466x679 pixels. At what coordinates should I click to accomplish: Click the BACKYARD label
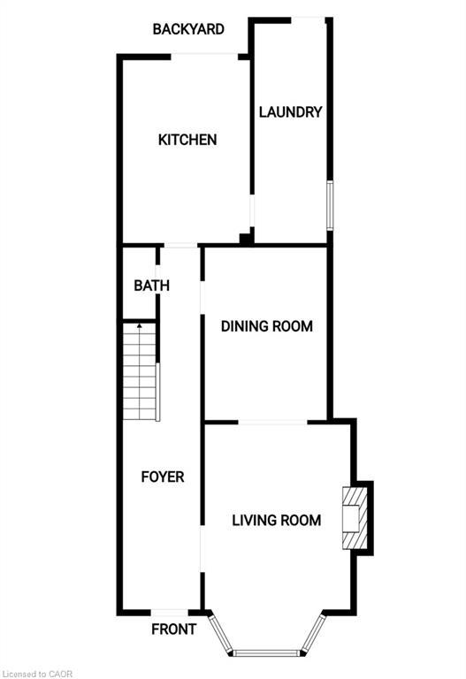[x=187, y=29]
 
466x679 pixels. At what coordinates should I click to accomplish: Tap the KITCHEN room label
[x=187, y=140]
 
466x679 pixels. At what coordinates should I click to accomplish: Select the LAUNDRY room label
[x=289, y=112]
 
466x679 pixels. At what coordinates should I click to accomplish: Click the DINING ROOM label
[x=266, y=326]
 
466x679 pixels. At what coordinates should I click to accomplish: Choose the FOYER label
[x=163, y=477]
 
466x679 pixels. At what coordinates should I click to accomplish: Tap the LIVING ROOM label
[x=276, y=520]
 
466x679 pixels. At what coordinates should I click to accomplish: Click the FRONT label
[x=173, y=630]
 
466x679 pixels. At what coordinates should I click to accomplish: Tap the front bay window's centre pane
[x=266, y=653]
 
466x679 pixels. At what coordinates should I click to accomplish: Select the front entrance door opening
[x=170, y=613]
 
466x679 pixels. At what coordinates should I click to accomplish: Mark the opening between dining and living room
[x=273, y=423]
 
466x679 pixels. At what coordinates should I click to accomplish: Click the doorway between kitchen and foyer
[x=181, y=245]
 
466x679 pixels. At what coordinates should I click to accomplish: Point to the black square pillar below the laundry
[x=245, y=238]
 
